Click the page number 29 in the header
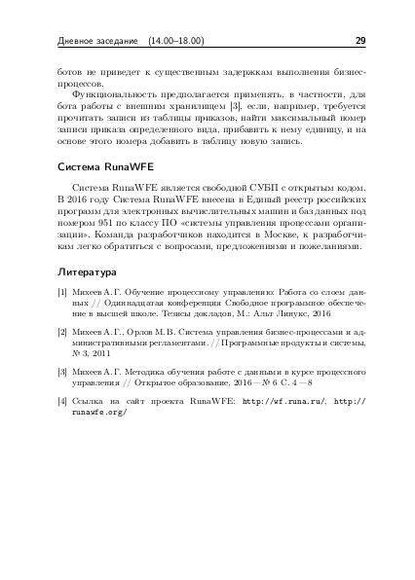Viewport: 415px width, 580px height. point(359,42)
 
